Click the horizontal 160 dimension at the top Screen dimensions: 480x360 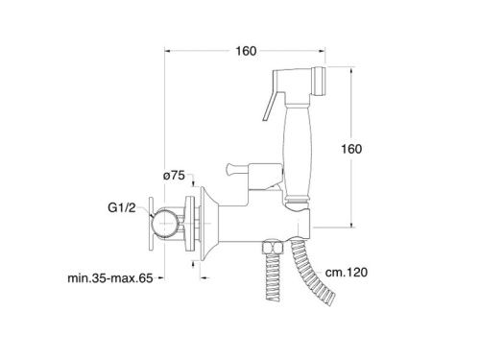click(x=246, y=51)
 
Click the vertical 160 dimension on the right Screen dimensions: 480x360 click(x=351, y=149)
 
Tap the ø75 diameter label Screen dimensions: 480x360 click(x=174, y=176)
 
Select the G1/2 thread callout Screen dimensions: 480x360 click(x=122, y=208)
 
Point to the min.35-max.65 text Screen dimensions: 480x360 click(x=110, y=278)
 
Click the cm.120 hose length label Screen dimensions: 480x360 click(x=347, y=273)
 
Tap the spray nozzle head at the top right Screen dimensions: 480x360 click(x=320, y=81)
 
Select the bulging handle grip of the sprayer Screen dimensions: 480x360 click(x=297, y=151)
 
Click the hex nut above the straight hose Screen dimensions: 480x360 click(x=273, y=247)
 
